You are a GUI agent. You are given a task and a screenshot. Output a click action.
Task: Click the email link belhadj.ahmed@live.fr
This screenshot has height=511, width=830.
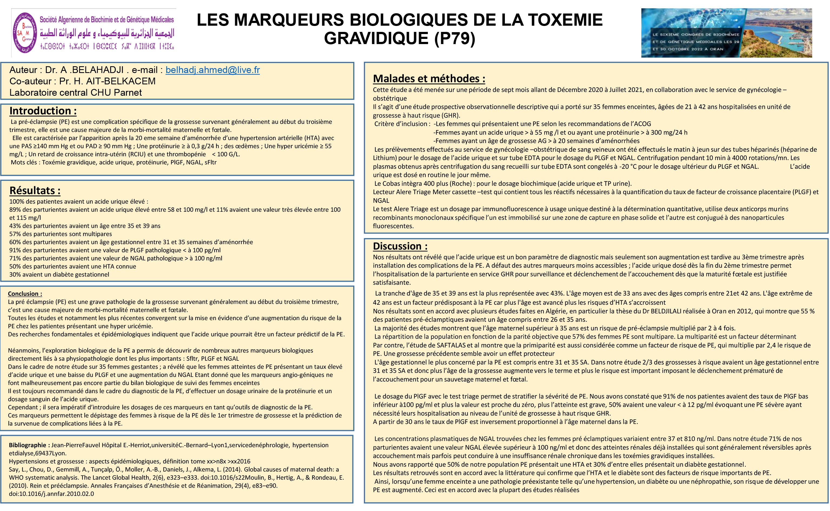tap(212, 70)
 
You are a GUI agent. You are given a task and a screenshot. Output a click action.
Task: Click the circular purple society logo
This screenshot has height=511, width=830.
tap(25, 33)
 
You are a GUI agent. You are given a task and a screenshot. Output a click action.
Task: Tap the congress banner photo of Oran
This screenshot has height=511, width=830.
tap(726, 33)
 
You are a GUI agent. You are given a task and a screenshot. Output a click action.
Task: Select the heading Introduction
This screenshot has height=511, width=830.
tap(43, 111)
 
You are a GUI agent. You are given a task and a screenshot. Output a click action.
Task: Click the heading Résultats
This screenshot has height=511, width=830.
tap(35, 191)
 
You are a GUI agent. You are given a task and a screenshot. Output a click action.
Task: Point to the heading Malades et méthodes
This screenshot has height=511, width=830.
tap(429, 79)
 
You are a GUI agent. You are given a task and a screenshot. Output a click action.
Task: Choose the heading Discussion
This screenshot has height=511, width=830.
tap(400, 246)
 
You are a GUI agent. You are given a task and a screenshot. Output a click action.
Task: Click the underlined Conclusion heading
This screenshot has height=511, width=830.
tap(25, 294)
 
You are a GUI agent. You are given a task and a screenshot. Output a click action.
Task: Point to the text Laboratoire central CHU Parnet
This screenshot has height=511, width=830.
tap(75, 92)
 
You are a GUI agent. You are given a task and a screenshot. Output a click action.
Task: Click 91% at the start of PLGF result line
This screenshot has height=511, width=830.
tap(15, 250)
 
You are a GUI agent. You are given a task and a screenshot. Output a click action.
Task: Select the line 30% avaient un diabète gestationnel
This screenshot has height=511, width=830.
tap(59, 275)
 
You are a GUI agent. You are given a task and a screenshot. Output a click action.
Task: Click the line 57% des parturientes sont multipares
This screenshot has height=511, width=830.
tap(61, 234)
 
